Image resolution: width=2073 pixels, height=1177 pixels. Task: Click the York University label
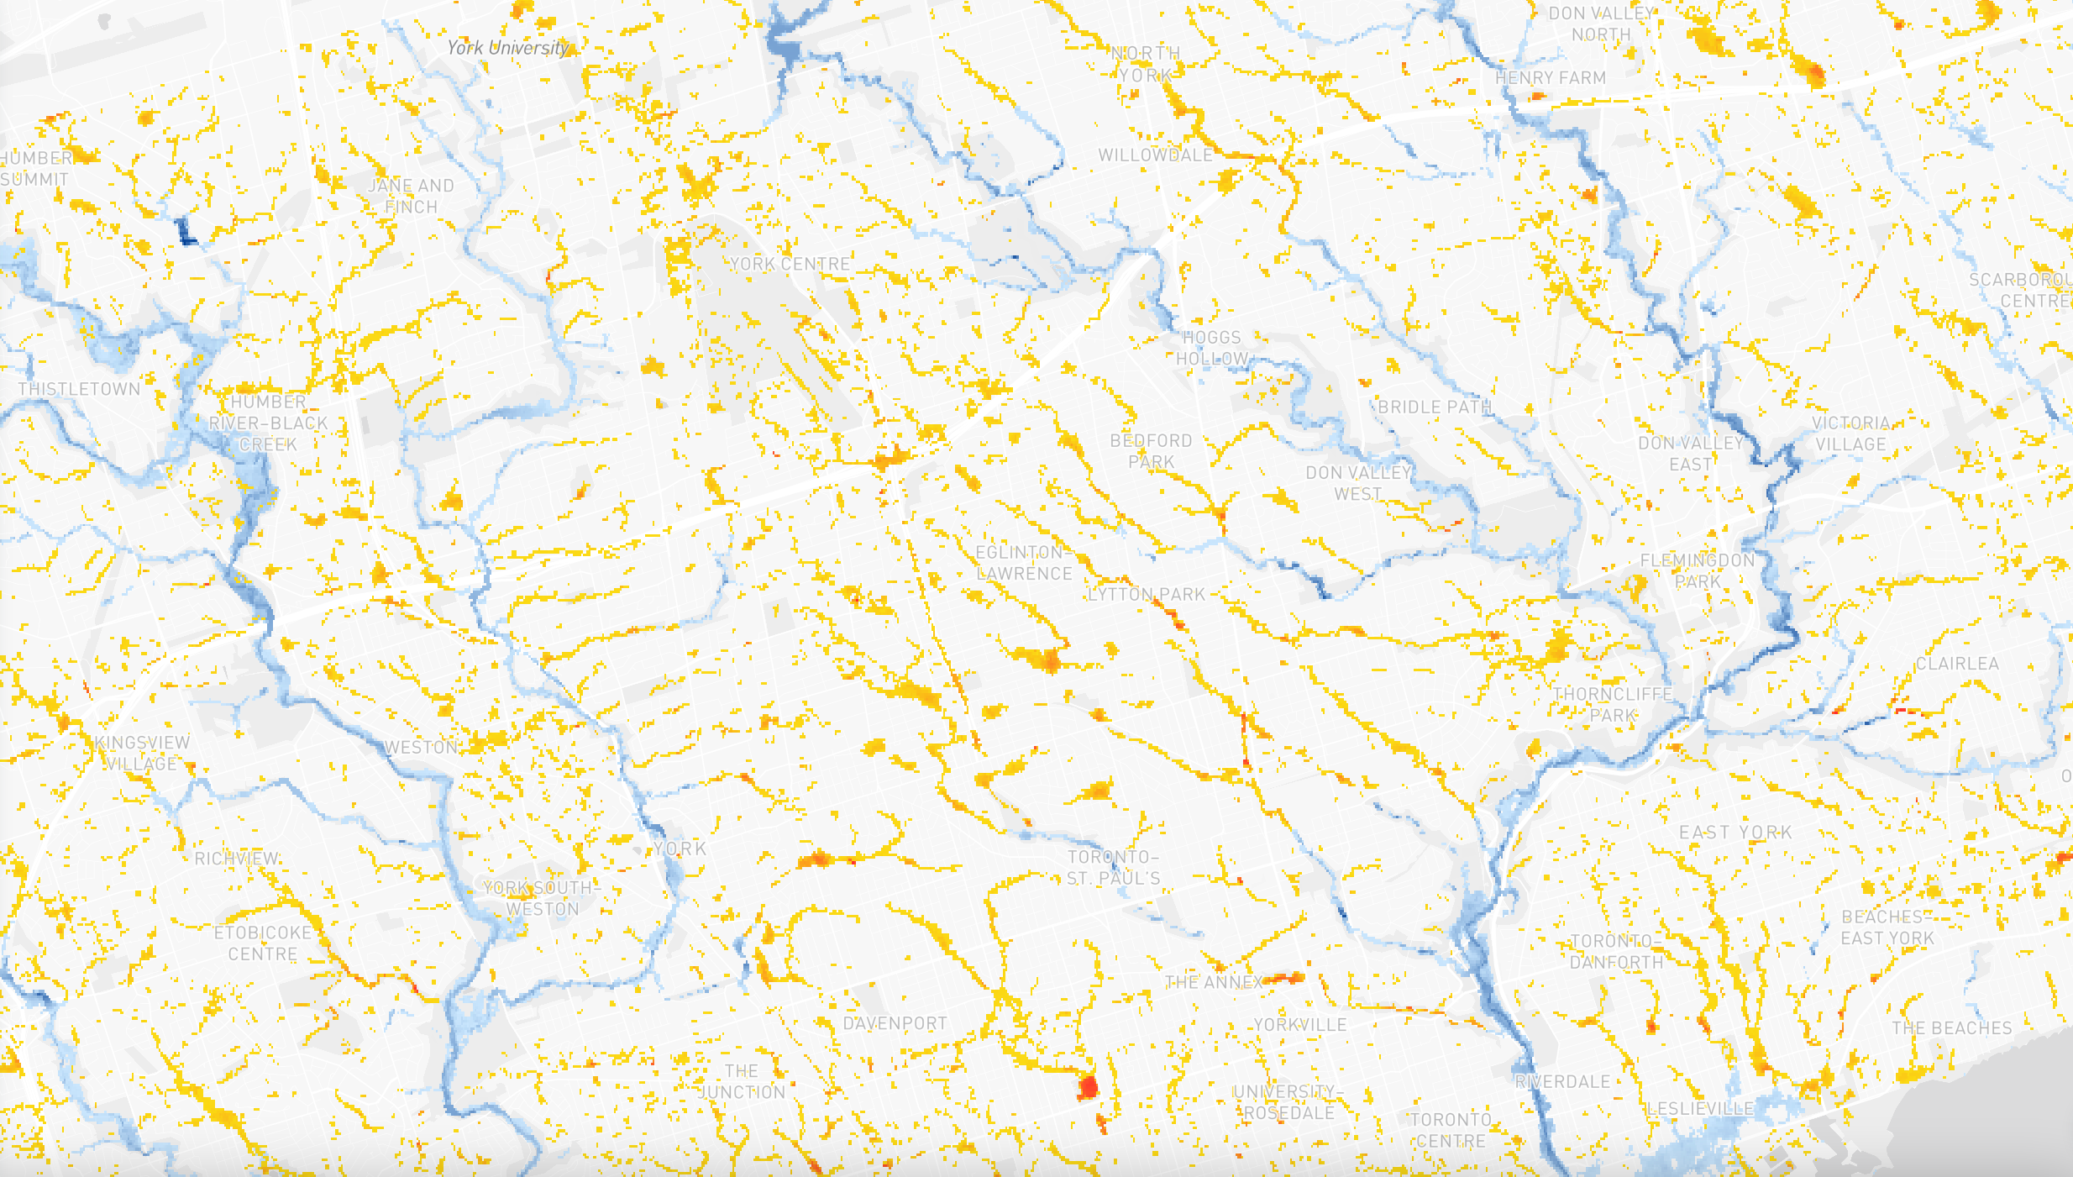(508, 48)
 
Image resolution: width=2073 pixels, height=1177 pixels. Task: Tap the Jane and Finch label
(411, 196)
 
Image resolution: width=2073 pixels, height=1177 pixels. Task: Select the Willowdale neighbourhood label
(1156, 155)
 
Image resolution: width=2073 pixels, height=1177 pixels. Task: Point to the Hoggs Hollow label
(1211, 348)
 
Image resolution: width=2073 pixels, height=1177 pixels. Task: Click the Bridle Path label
(1435, 407)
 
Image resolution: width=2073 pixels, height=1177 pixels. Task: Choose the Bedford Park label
(1151, 451)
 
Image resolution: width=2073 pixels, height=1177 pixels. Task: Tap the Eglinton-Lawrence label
(1024, 563)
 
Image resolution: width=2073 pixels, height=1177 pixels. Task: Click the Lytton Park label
(1147, 595)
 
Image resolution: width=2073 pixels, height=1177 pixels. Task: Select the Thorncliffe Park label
(1613, 705)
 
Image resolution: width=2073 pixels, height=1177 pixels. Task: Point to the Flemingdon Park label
(1698, 570)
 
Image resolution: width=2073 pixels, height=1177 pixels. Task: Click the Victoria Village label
(1850, 433)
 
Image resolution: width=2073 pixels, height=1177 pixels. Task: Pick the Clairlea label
(1957, 664)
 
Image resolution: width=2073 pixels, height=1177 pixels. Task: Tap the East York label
(1735, 833)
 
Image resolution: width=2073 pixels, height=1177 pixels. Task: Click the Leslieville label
(1700, 1109)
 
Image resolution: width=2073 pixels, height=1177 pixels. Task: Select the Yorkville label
(1300, 1025)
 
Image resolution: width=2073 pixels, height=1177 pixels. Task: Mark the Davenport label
(895, 1023)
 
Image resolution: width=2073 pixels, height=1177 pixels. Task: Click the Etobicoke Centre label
(263, 943)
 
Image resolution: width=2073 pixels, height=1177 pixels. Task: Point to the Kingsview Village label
(142, 753)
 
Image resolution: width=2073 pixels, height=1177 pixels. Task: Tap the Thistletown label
(79, 389)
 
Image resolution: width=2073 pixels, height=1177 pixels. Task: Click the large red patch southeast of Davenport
(1089, 1087)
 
